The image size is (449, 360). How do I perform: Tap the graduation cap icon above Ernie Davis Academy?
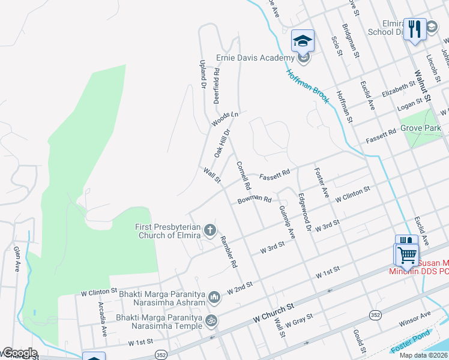point(303,41)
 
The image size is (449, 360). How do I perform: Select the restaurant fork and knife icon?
point(415,28)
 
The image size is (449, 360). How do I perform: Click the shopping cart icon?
point(406,255)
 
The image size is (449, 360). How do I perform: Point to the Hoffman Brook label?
point(307,86)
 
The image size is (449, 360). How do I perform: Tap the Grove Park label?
point(421,128)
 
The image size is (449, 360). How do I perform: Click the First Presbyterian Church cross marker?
point(210,230)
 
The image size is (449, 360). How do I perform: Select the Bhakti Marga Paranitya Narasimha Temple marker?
point(211,321)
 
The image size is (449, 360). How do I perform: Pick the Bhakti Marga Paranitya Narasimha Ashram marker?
point(214,296)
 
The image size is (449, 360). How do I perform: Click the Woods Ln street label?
point(224,119)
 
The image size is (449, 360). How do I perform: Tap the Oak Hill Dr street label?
point(223,143)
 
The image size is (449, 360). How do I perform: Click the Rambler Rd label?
point(229,251)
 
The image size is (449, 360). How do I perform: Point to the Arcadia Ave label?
point(103,318)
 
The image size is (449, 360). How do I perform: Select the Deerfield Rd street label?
point(216,85)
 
